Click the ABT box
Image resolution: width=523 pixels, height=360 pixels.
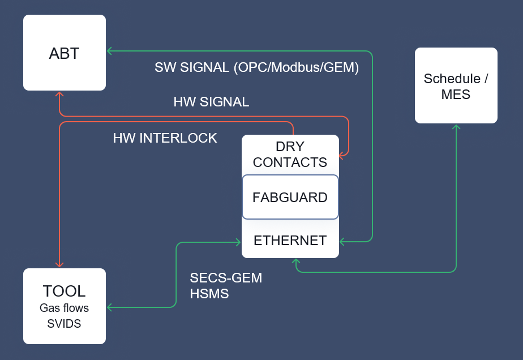point(64,53)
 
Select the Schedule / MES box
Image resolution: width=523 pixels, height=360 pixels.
point(456,86)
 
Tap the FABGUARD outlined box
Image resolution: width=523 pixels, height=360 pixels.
point(290,198)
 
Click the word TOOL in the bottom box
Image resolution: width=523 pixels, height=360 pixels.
point(64,292)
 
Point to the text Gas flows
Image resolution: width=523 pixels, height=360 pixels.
point(64,308)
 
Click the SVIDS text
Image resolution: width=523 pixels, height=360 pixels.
point(64,324)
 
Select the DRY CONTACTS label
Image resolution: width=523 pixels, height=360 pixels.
point(290,154)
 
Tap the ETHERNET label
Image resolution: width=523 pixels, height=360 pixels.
point(290,241)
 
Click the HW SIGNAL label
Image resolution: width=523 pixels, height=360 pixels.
point(211,102)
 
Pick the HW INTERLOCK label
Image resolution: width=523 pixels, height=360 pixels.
point(165,138)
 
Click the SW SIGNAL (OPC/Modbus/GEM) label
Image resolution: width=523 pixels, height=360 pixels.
point(256,67)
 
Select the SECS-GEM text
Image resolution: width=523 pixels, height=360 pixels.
point(226,278)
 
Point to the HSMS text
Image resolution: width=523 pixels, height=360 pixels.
point(209,294)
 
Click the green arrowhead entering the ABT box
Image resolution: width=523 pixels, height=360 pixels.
point(110,51)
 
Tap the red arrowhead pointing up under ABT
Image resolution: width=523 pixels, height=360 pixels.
point(59,95)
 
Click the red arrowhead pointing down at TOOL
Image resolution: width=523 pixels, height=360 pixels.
point(59,264)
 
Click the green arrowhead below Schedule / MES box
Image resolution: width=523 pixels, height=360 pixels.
point(456,127)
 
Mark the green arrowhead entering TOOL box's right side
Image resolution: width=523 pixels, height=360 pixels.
point(110,307)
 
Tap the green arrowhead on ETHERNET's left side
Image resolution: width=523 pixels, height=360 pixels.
point(238,242)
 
